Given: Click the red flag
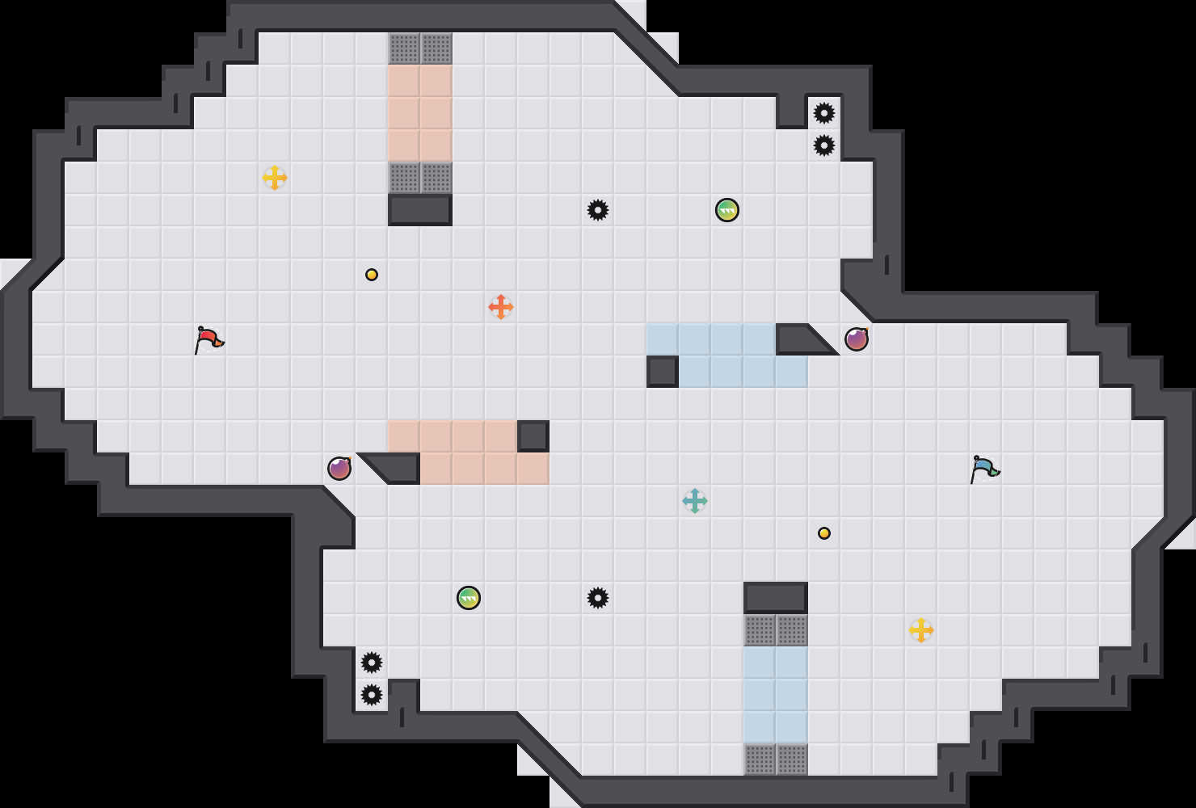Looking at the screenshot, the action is [x=208, y=339].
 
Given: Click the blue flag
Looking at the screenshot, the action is [x=984, y=469].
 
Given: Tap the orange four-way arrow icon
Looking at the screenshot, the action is [x=501, y=307].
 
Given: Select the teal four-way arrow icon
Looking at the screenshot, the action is [x=695, y=501].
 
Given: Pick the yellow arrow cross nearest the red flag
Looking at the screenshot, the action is [x=275, y=178].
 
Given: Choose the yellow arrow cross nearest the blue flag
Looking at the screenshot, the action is [x=921, y=630].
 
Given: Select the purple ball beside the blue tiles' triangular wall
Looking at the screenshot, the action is [x=857, y=339].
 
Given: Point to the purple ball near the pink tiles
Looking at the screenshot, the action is [x=339, y=469].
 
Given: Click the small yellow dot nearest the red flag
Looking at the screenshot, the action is [x=372, y=275].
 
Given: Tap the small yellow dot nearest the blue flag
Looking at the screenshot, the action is [x=824, y=533].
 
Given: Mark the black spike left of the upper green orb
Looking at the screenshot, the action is [x=598, y=210].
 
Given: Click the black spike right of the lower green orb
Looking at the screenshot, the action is [x=598, y=598].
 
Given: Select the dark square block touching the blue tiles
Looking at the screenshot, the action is [x=663, y=372].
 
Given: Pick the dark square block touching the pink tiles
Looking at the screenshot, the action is [x=533, y=436].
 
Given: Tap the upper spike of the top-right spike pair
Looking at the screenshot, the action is [x=824, y=113].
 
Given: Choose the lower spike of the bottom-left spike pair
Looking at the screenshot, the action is [x=372, y=695].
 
